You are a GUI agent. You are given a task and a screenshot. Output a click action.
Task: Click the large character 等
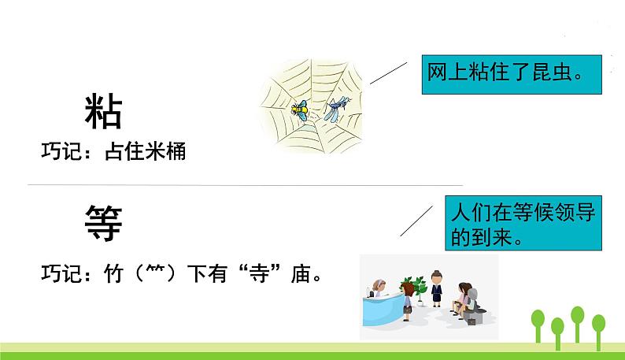point(103,223)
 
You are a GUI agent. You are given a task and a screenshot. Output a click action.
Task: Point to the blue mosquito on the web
point(336,109)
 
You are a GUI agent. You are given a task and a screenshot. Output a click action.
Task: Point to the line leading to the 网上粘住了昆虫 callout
point(386,72)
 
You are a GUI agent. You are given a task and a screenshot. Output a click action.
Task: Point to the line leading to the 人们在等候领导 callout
point(416,220)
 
